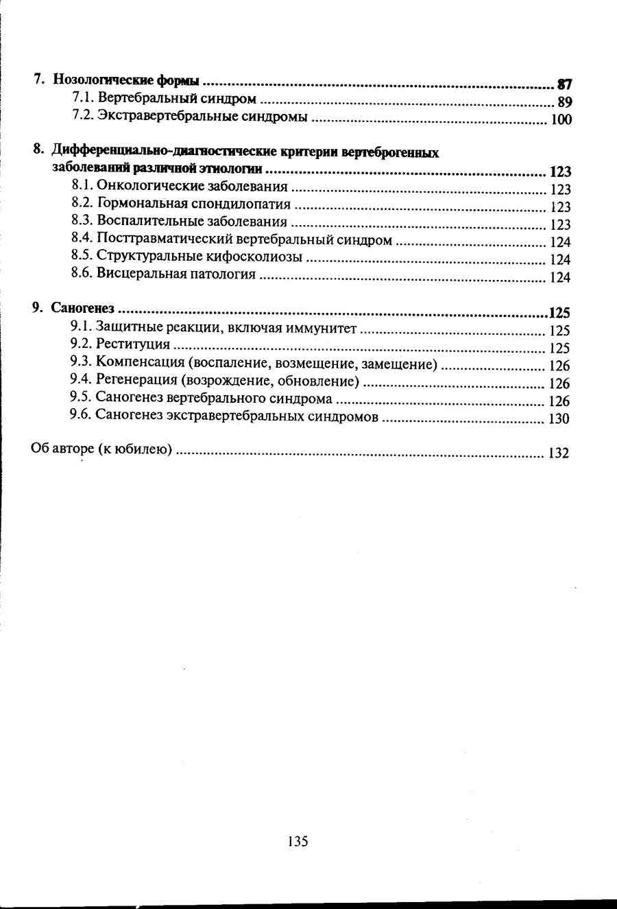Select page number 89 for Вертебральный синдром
[x=564, y=102]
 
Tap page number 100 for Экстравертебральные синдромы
[x=561, y=120]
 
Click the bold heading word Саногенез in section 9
[x=82, y=309]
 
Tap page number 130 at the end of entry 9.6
[x=559, y=418]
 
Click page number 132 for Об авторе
[x=559, y=453]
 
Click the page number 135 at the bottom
[x=298, y=841]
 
